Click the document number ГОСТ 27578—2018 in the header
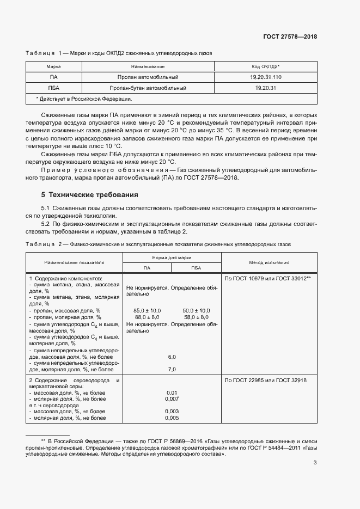pyautogui.click(x=290, y=37)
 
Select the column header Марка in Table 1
pyautogui.click(x=53, y=66)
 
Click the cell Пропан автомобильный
pyautogui.click(x=148, y=77)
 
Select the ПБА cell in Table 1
pyautogui.click(x=53, y=88)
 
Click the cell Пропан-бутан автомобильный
pyautogui.click(x=148, y=88)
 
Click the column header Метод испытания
pyautogui.click(x=269, y=262)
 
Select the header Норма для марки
pyautogui.click(x=171, y=257)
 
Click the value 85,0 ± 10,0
pyautogui.click(x=147, y=310)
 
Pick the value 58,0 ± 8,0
pyautogui.click(x=196, y=317)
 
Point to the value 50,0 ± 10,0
pyautogui.click(x=196, y=310)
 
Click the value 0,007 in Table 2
pyautogui.click(x=172, y=399)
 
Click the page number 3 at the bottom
pyautogui.click(x=315, y=463)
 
